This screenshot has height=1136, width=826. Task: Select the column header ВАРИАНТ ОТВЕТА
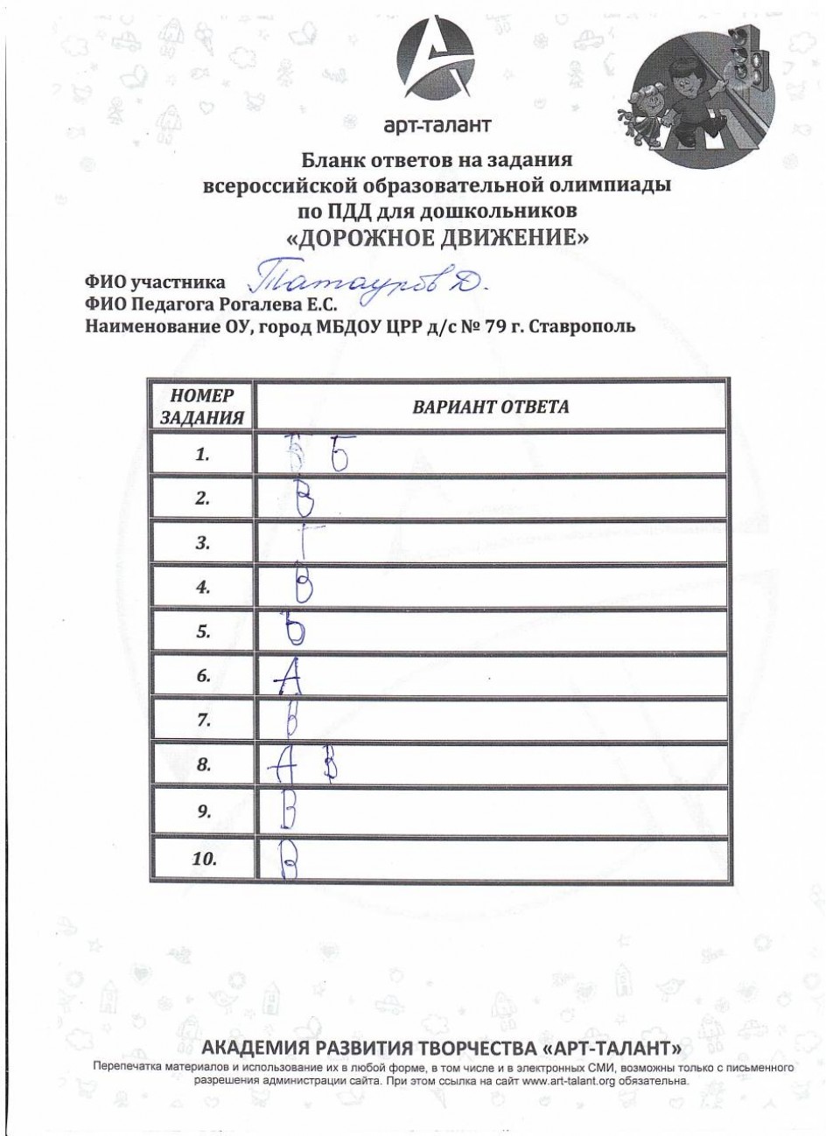coord(490,408)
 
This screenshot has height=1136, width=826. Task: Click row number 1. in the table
coord(203,455)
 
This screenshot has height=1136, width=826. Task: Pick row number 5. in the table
coord(203,632)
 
